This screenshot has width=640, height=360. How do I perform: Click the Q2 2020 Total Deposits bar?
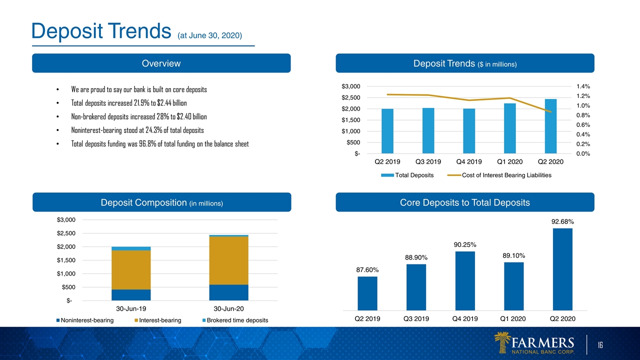[550, 126]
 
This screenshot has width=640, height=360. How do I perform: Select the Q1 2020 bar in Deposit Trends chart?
[509, 128]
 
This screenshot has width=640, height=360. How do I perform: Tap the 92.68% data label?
[562, 221]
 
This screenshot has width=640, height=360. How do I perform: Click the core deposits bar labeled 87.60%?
[367, 293]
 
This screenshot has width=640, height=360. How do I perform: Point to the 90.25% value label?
[465, 244]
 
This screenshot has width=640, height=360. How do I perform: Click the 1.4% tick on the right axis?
[583, 86]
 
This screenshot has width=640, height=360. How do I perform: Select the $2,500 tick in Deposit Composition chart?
[66, 233]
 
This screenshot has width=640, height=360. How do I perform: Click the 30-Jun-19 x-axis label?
[131, 308]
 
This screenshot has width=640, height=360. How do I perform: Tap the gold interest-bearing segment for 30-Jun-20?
[228, 260]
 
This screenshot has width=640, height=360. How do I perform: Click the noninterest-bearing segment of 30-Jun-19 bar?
[131, 295]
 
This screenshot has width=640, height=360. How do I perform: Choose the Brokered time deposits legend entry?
[235, 320]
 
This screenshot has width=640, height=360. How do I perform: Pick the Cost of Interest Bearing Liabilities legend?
[499, 175]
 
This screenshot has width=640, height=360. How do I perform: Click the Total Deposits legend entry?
[407, 175]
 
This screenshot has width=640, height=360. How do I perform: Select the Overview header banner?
[161, 63]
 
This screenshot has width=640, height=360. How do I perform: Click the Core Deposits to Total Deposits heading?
[465, 202]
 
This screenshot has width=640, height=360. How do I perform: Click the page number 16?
[600, 345]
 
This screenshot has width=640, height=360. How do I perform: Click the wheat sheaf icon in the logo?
[502, 342]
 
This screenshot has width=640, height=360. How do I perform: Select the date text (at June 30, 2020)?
[209, 35]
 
